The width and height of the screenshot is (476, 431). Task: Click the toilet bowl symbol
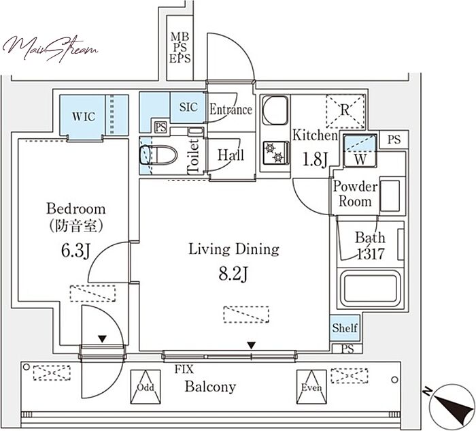tap(158, 155)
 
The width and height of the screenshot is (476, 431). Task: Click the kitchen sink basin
tap(275, 110)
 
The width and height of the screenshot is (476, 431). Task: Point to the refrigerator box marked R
tap(345, 111)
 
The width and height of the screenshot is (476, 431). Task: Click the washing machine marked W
tap(360, 150)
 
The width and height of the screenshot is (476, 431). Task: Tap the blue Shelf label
tap(345, 328)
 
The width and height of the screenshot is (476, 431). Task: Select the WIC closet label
tap(84, 116)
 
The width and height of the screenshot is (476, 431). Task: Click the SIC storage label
tap(188, 107)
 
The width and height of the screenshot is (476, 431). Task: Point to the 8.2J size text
tap(233, 274)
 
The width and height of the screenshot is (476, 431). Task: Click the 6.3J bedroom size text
tap(75, 251)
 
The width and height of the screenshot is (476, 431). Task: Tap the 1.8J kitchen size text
tap(315, 159)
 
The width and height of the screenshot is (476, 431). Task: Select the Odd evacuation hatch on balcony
tap(146, 387)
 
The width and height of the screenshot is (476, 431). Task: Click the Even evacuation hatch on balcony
tap(311, 387)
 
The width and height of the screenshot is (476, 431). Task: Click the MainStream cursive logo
tap(50, 48)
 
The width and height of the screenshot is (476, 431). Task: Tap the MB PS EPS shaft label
tap(180, 48)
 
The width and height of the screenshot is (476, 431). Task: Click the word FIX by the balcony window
tap(184, 369)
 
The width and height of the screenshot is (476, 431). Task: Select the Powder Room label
tap(355, 194)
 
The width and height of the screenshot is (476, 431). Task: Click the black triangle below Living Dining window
tap(251, 345)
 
